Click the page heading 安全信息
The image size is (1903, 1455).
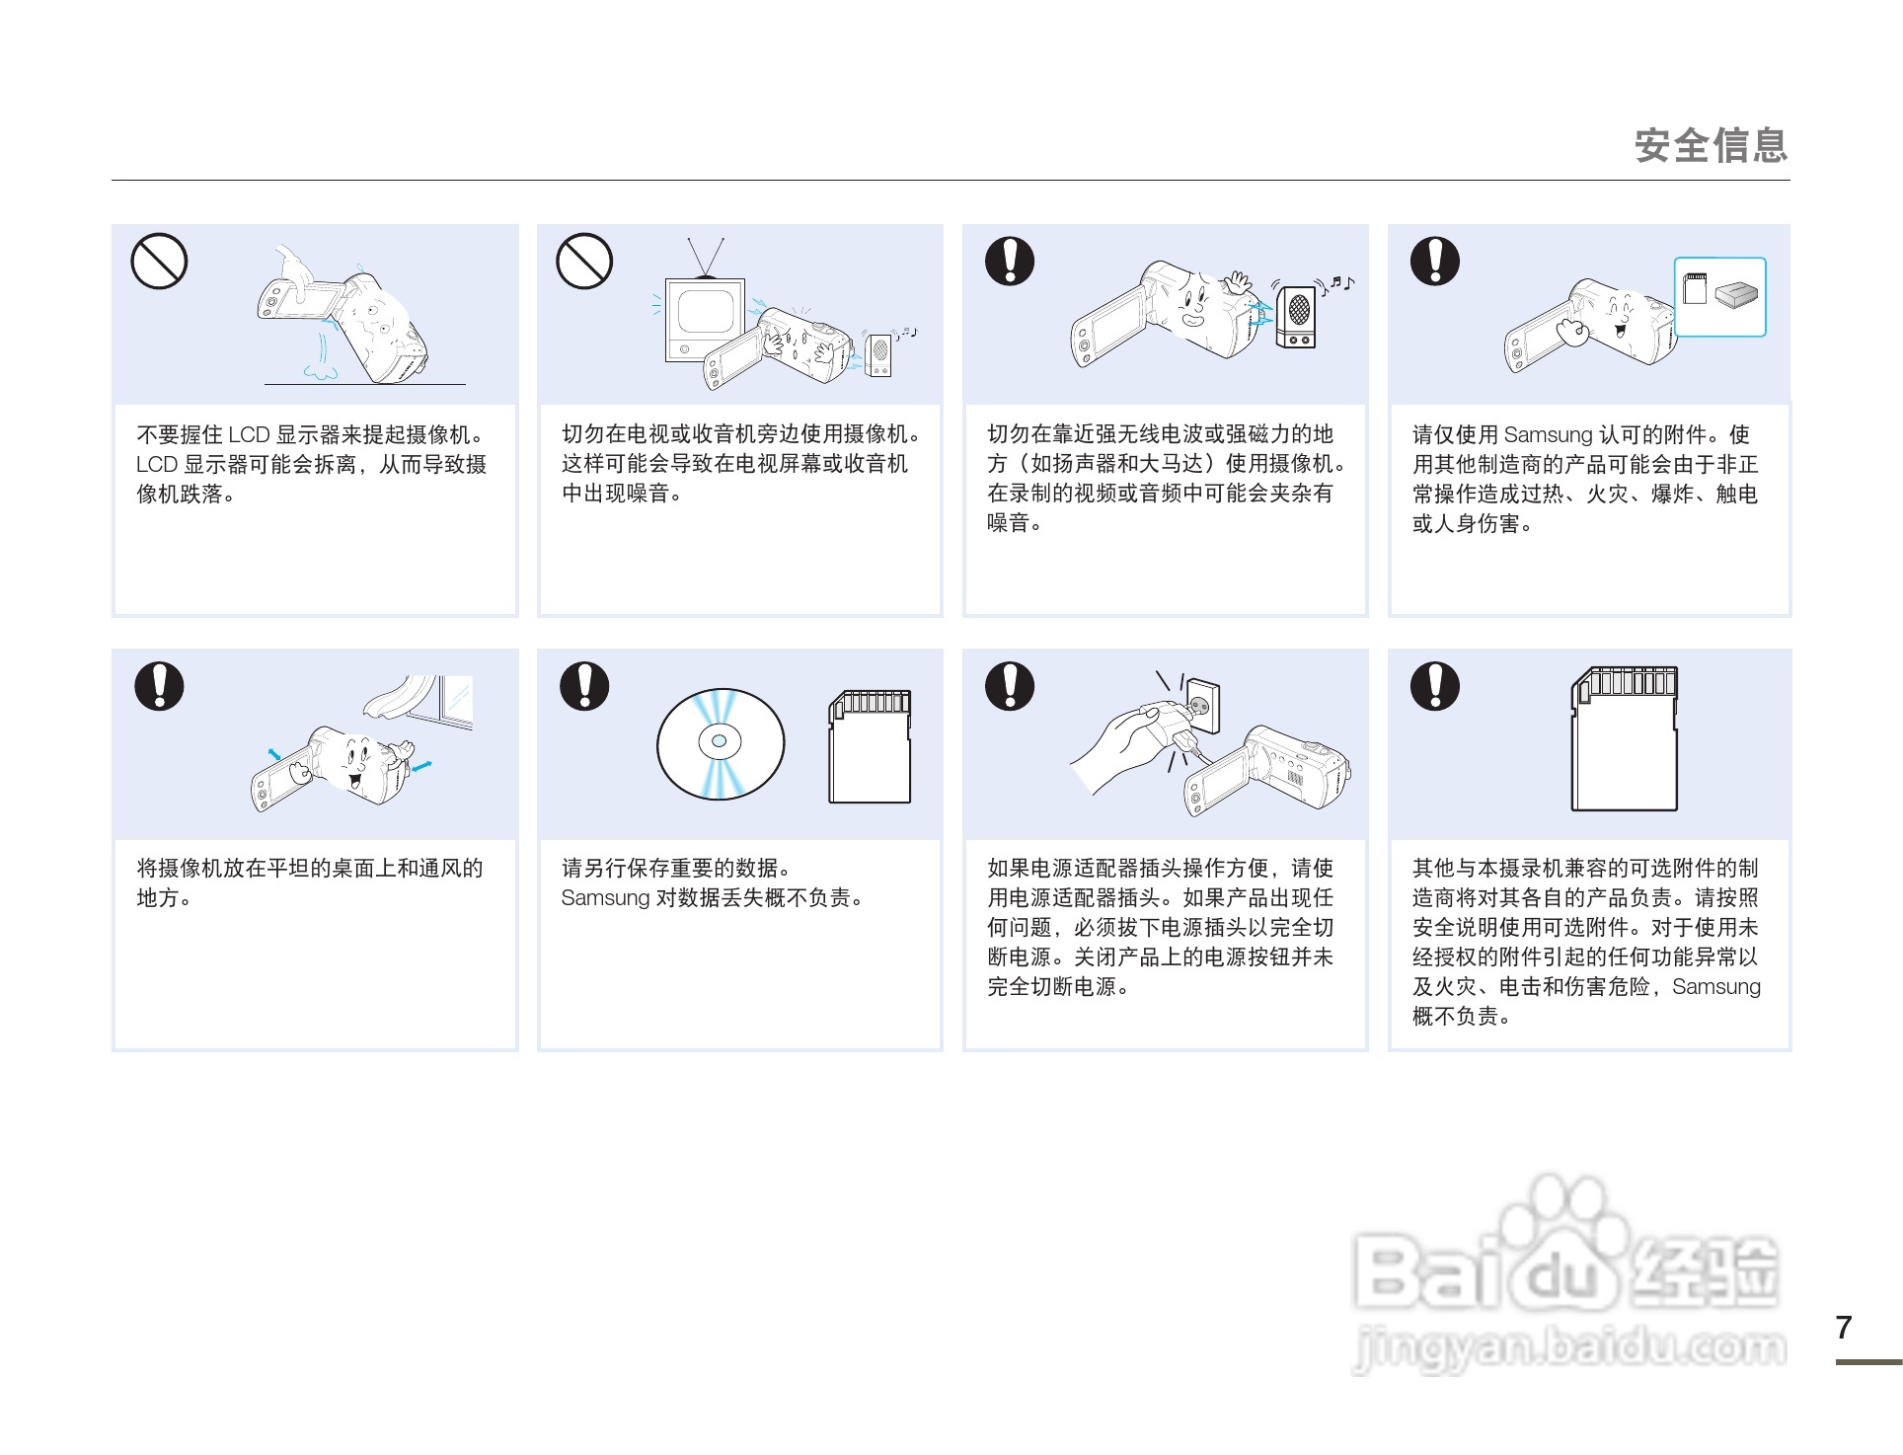coord(1710,146)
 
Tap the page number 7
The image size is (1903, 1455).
coord(1843,1328)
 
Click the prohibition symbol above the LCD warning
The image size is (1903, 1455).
coord(159,262)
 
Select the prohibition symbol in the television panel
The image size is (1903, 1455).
coord(584,262)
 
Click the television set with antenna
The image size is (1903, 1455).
coord(704,316)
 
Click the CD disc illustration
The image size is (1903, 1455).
coord(721,743)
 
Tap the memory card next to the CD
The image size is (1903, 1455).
coord(870,746)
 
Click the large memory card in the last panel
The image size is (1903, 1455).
coord(1624,739)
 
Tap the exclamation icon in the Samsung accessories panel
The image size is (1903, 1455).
coord(1434,262)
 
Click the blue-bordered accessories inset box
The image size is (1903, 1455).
coord(1719,297)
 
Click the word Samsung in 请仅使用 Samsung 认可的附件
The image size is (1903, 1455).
coord(1548,435)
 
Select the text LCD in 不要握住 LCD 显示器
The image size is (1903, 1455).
coord(249,435)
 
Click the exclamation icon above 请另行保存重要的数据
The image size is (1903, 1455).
coord(584,686)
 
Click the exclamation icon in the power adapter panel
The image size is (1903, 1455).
coord(1010,686)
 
